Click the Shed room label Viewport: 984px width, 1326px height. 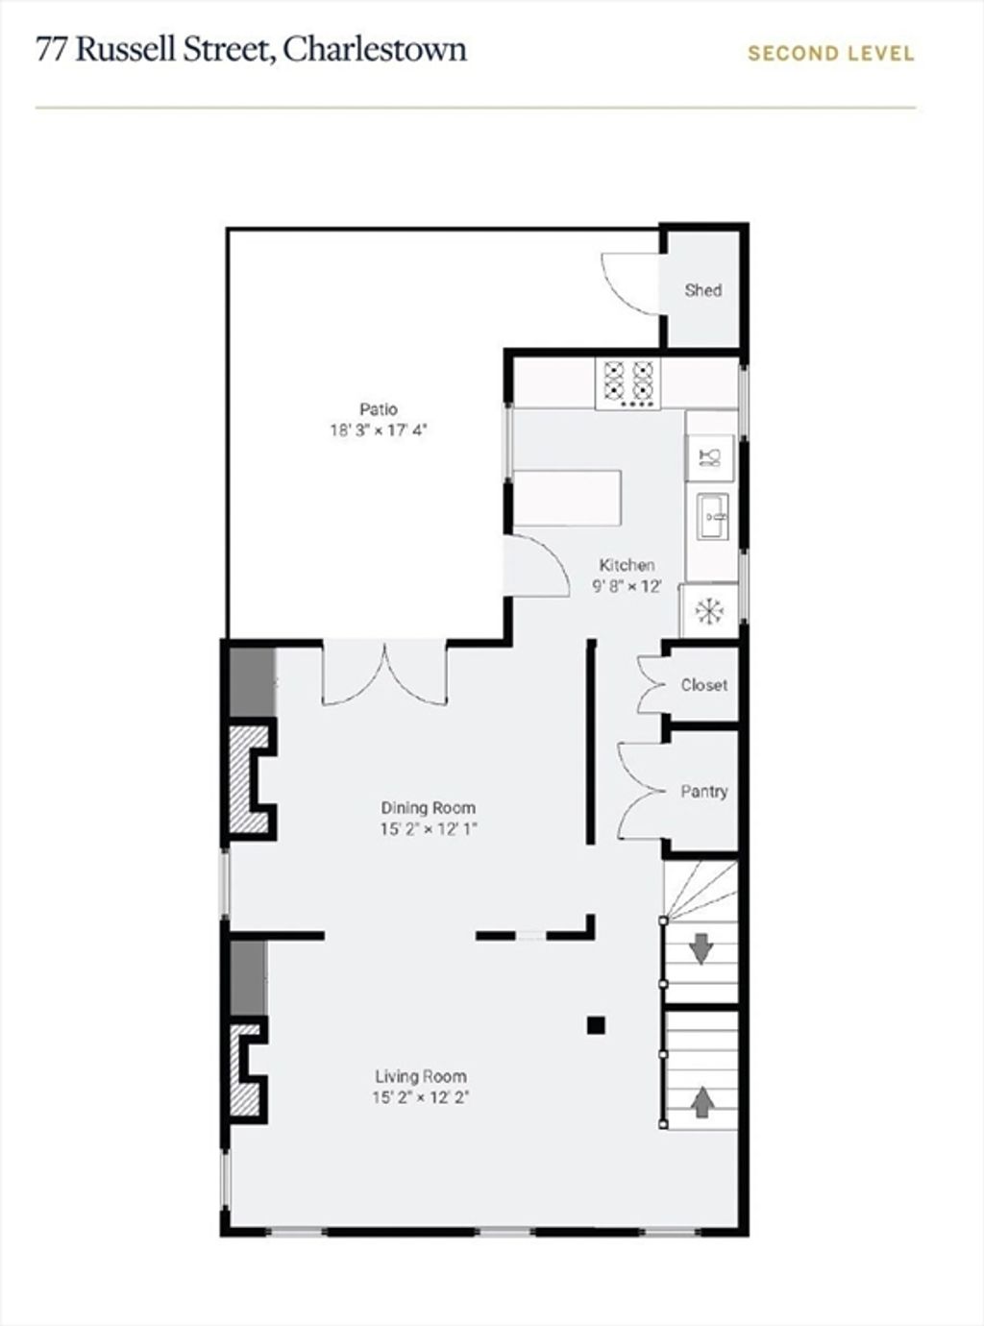703,290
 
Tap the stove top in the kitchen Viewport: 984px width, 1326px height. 627,383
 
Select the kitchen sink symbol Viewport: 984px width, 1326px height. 713,517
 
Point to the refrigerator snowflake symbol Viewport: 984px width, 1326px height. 709,611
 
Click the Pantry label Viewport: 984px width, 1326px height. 704,792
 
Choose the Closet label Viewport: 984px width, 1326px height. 704,685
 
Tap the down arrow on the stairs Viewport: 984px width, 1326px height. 701,948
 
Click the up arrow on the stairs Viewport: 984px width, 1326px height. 702,1102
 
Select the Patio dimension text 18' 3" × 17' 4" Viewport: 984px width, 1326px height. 379,430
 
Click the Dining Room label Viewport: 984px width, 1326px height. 428,808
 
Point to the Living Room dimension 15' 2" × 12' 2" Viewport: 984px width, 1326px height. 420,1097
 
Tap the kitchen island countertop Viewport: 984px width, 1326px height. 567,498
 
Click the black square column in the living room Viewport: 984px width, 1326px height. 596,1025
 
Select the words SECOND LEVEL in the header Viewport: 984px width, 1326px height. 831,54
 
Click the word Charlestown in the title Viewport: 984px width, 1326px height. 375,50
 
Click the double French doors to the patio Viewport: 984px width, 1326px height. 385,674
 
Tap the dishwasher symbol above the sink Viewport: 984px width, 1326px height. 710,458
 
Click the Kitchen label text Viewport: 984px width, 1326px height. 627,565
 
